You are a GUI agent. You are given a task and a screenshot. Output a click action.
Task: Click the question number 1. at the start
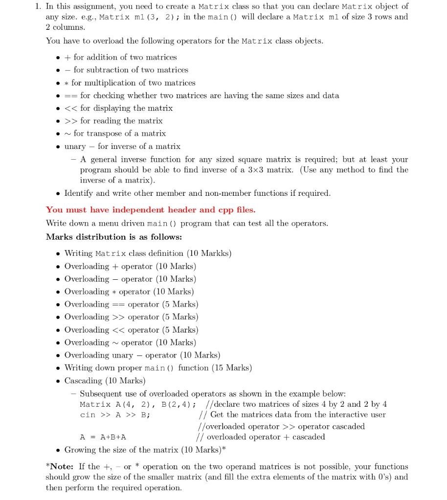point(37,6)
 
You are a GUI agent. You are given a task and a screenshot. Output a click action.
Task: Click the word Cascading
point(83,380)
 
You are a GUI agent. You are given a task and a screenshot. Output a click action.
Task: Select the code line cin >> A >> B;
point(115,415)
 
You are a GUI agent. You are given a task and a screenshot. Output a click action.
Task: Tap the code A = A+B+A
point(103,437)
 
